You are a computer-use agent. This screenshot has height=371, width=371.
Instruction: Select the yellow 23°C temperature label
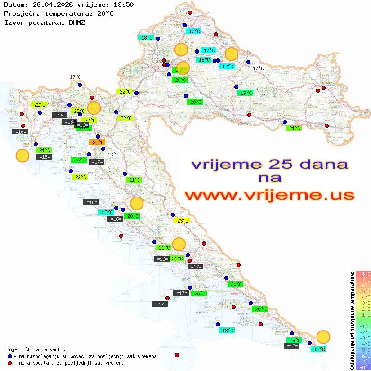coord(182,221)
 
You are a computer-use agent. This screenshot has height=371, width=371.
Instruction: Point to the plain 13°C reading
coord(113,155)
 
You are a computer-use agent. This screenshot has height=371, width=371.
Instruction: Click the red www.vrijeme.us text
coord(269,195)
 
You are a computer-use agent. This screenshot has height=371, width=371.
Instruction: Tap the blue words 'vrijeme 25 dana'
coord(269,164)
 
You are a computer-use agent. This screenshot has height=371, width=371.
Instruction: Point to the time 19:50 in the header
coord(123,5)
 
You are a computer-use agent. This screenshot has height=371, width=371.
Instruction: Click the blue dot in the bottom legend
coord(10,356)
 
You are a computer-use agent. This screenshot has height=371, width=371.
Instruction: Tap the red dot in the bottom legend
coord(10,363)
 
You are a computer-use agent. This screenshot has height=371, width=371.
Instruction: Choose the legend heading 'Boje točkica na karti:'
coord(36,349)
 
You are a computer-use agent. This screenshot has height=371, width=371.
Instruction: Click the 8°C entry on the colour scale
coord(363,273)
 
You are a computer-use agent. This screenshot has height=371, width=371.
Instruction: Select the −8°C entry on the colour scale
coord(363,367)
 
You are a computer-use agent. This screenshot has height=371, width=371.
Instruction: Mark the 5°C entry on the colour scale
coord(363,291)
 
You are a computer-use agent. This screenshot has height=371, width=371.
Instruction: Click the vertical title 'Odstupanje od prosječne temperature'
coord(352,320)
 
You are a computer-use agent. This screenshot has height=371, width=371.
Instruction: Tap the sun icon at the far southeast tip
coord(323,336)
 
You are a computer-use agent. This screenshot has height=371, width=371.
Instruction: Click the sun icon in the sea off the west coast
coord(22,156)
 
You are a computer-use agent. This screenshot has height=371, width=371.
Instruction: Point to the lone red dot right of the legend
coord(177,355)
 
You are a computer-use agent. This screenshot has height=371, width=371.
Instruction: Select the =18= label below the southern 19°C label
coord(292,346)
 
